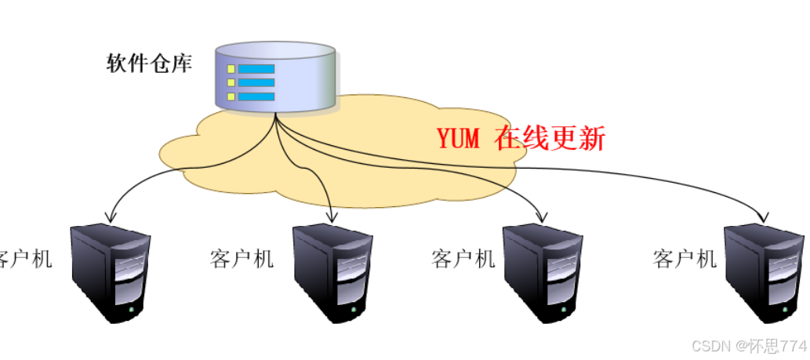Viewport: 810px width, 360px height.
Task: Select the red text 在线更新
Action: pos(550,139)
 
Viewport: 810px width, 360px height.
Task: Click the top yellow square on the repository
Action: pos(231,68)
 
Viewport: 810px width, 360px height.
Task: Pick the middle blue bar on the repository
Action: pos(256,82)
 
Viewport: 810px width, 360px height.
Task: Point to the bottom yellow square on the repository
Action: pos(231,96)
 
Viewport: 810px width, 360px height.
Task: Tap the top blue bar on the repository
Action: pos(256,68)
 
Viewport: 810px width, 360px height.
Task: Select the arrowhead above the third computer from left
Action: pos(541,215)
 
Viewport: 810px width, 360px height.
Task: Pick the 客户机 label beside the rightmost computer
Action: pos(685,258)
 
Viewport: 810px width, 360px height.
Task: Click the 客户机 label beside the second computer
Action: pos(242,258)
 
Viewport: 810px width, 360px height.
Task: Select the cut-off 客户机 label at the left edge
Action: pos(25,258)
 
